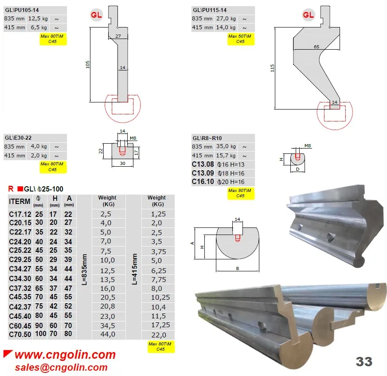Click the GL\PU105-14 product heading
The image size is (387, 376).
click(22, 10)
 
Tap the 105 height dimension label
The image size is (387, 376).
click(88, 64)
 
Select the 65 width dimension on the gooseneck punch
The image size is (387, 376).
click(317, 47)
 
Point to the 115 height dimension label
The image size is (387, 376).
click(272, 68)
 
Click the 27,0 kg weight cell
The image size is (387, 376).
click(226, 19)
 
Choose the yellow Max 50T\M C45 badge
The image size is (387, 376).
click(241, 39)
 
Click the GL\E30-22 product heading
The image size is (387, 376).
click(18, 138)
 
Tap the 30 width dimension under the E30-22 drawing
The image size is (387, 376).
click(122, 164)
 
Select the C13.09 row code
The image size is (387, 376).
click(203, 173)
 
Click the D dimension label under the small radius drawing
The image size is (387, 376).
click(297, 169)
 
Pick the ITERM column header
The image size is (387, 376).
click(20, 201)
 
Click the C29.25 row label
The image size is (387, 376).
click(20, 260)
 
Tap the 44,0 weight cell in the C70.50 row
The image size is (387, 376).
click(108, 334)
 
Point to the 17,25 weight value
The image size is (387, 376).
click(160, 325)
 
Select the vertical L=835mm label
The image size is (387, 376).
click(84, 269)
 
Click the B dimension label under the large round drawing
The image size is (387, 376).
click(238, 268)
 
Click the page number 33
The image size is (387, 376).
click(364, 362)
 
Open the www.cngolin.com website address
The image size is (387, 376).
click(65, 355)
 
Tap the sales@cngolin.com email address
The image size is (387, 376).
click(61, 368)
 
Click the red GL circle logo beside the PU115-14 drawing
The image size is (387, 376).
click(308, 15)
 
